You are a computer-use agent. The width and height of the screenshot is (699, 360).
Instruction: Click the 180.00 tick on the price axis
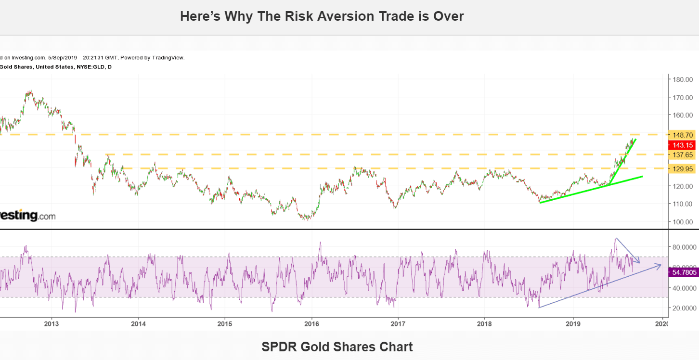pyautogui.click(x=682, y=79)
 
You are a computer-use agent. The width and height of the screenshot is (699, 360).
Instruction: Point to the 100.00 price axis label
pyautogui.click(x=682, y=222)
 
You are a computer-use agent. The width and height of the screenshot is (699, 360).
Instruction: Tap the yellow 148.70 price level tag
pyautogui.click(x=682, y=135)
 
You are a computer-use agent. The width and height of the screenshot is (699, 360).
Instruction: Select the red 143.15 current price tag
pyautogui.click(x=682, y=145)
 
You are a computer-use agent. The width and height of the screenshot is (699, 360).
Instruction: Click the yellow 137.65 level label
pyautogui.click(x=682, y=155)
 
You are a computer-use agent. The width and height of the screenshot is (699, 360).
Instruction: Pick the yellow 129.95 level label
pyautogui.click(x=682, y=169)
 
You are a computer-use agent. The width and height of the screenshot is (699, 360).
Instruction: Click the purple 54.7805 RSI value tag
pyautogui.click(x=683, y=272)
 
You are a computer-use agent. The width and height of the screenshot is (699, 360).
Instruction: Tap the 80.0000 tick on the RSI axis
pyautogui.click(x=684, y=247)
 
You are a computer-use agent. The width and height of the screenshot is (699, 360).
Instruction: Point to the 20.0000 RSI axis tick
pyautogui.click(x=684, y=308)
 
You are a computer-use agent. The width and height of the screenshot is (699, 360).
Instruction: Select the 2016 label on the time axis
pyautogui.click(x=311, y=323)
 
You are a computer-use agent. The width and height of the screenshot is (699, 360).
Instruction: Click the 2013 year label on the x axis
pyautogui.click(x=51, y=323)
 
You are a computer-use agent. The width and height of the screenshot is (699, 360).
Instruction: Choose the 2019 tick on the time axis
pyautogui.click(x=572, y=323)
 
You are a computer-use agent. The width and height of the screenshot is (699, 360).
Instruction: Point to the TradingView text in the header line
pyautogui.click(x=168, y=57)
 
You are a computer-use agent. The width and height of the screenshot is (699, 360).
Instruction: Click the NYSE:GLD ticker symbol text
pyautogui.click(x=90, y=67)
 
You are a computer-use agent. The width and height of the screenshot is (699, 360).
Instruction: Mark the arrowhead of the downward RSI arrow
pyautogui.click(x=638, y=262)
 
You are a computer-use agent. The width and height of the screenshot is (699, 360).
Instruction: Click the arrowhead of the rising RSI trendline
pyautogui.click(x=660, y=265)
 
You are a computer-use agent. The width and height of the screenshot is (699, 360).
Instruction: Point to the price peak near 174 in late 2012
pyautogui.click(x=30, y=91)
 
